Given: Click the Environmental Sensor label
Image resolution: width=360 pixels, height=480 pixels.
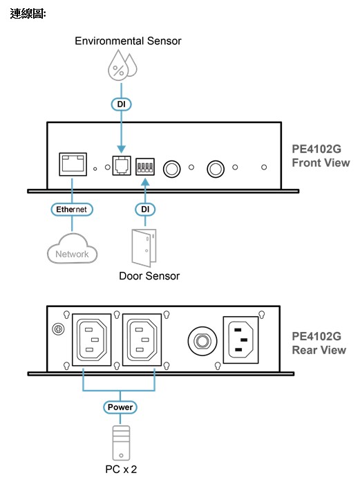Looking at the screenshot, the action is [128, 41].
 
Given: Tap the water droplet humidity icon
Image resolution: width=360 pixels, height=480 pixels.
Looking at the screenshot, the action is [122, 66].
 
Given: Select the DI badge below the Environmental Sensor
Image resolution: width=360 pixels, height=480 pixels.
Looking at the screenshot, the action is [121, 104].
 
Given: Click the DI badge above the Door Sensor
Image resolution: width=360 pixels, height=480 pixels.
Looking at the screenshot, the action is [145, 210].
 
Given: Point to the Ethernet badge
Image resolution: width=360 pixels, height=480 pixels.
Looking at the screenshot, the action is [72, 210].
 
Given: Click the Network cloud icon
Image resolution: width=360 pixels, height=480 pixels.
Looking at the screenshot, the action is [72, 249].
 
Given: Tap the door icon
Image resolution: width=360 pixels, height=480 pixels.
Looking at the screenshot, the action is [144, 248].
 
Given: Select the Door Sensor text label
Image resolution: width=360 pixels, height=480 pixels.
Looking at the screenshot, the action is [149, 276].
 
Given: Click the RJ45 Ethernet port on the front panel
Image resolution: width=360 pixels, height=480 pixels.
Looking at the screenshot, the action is [73, 165].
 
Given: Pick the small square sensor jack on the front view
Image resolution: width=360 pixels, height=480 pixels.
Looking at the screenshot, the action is [122, 165].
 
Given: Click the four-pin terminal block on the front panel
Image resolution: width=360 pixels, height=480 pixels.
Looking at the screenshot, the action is [145, 167].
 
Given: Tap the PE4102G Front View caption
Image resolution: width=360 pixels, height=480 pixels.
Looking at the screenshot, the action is [321, 156].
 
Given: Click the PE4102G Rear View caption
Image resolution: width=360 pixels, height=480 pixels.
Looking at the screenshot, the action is [319, 343].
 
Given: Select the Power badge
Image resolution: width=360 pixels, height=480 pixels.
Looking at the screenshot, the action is [120, 407].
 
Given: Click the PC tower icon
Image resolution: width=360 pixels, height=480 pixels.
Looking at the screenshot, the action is [121, 443].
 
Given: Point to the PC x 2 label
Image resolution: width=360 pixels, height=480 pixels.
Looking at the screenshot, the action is [121, 470].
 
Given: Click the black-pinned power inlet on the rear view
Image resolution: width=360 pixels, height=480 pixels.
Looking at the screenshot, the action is [240, 340].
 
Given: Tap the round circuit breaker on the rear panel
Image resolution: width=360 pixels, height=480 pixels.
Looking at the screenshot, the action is [202, 341].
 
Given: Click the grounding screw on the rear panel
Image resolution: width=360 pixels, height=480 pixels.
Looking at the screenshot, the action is [59, 329].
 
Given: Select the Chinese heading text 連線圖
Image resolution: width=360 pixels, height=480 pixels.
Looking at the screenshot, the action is [28, 14].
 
